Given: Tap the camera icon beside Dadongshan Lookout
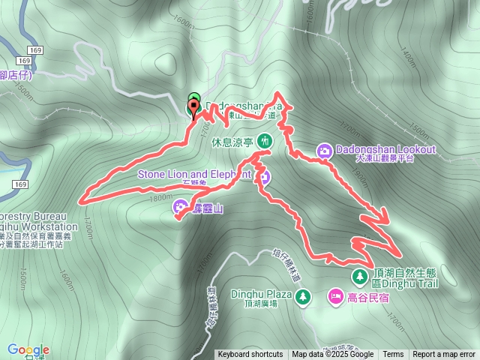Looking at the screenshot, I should (x=325, y=150).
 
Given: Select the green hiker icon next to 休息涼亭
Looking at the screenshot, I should (x=265, y=141).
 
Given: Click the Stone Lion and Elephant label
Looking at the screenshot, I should (x=193, y=174).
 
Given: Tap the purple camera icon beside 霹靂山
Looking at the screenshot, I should (x=181, y=206).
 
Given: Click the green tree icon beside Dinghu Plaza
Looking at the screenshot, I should (x=302, y=297).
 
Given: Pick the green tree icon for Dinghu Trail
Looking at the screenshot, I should (x=360, y=276).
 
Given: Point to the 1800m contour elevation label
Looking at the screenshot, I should (x=161, y=198).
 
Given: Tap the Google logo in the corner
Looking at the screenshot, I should (x=28, y=349).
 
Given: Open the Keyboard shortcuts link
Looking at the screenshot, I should (x=250, y=355).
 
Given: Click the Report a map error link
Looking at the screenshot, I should (x=444, y=355).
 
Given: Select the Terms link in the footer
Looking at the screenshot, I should (x=393, y=355).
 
